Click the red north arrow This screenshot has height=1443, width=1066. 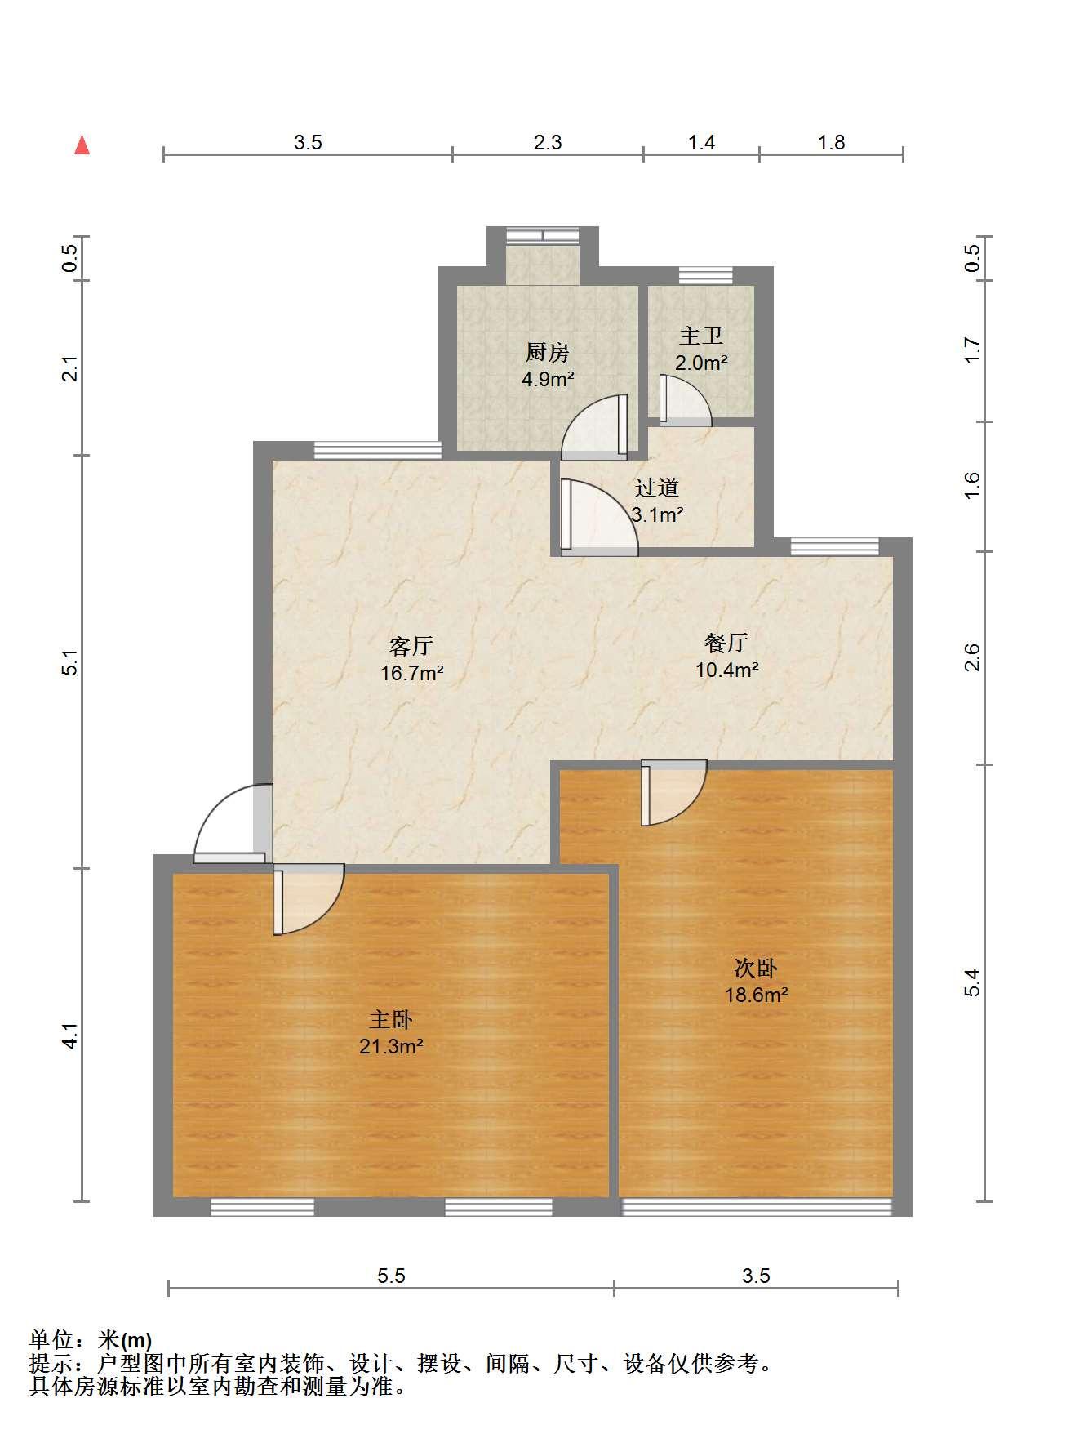pyautogui.click(x=82, y=145)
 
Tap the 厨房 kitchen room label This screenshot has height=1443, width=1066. pyautogui.click(x=547, y=353)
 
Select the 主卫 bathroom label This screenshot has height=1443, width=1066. pyautogui.click(x=701, y=336)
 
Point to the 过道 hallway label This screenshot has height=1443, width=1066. pyautogui.click(x=657, y=488)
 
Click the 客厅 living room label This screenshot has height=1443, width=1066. pyautogui.click(x=411, y=647)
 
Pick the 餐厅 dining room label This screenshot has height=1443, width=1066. pyautogui.click(x=726, y=643)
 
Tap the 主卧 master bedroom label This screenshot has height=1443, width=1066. pyautogui.click(x=391, y=1019)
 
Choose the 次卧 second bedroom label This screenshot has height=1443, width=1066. pyautogui.click(x=756, y=969)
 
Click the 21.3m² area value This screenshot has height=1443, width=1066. pyautogui.click(x=391, y=1046)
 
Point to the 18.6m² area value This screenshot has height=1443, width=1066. pyautogui.click(x=757, y=995)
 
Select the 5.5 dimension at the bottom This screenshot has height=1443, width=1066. pyautogui.click(x=392, y=1276)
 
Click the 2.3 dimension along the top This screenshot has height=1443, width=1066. pyautogui.click(x=548, y=143)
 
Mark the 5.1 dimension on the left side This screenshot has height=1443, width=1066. pyautogui.click(x=71, y=662)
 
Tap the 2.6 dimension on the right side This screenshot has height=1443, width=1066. pyautogui.click(x=971, y=657)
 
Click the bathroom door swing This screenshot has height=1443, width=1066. pyautogui.click(x=684, y=400)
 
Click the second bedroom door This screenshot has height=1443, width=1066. pyautogui.click(x=673, y=793)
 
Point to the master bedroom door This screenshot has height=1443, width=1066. pyautogui.click(x=309, y=899)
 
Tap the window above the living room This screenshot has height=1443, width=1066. pyautogui.click(x=378, y=450)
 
